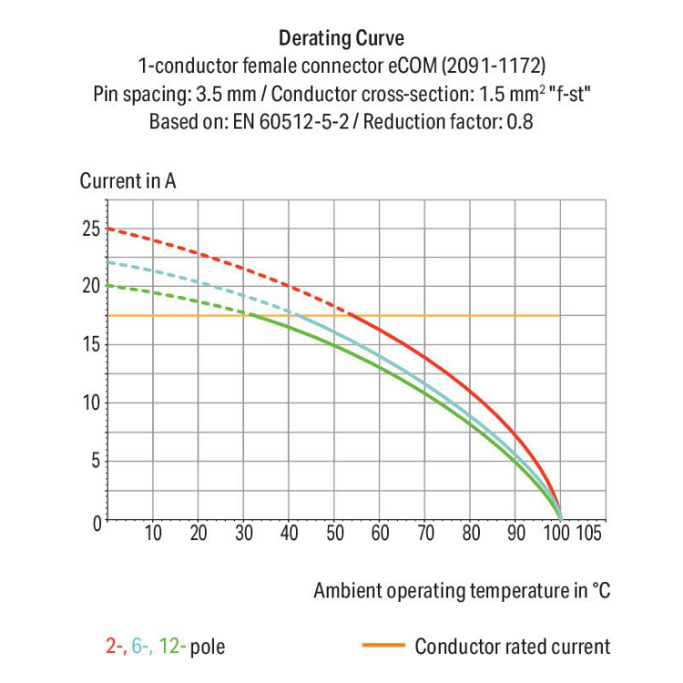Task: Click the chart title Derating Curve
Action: pyautogui.click(x=341, y=38)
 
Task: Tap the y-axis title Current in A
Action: pyautogui.click(x=127, y=180)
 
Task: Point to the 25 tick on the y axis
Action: pyautogui.click(x=90, y=228)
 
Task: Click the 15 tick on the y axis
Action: pyautogui.click(x=90, y=345)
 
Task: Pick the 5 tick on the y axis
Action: pyautogui.click(x=95, y=462)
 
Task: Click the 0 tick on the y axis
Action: pyautogui.click(x=95, y=522)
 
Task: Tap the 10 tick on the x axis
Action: pyautogui.click(x=153, y=534)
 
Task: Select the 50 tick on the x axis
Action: pyautogui.click(x=334, y=534)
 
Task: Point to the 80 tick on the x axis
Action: pyautogui.click(x=470, y=534)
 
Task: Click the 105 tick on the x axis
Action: pyautogui.click(x=589, y=534)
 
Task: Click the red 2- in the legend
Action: pyautogui.click(x=115, y=647)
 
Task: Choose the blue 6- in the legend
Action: pyautogui.click(x=141, y=647)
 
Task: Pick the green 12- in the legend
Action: pyautogui.click(x=172, y=647)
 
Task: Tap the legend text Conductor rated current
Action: pyautogui.click(x=512, y=647)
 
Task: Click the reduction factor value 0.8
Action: pyautogui.click(x=519, y=120)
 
